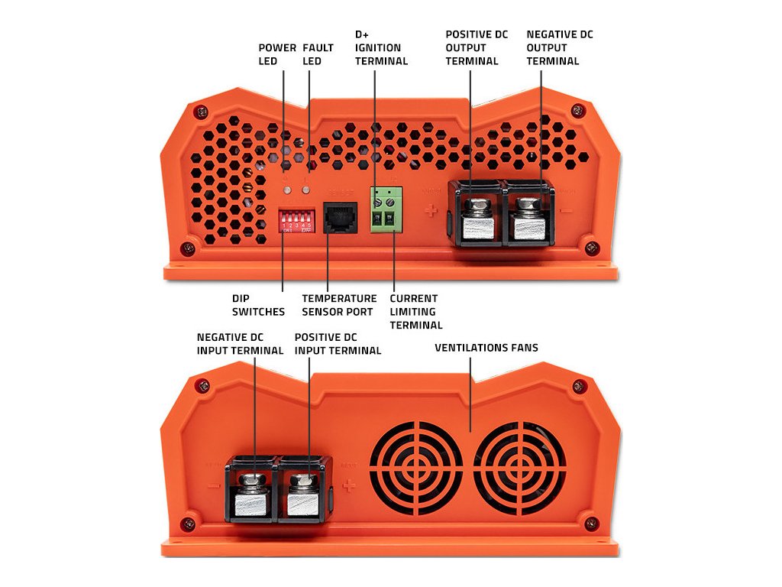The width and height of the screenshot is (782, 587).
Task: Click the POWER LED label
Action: tap(277, 54)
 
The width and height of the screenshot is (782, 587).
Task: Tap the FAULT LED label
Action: tap(318, 54)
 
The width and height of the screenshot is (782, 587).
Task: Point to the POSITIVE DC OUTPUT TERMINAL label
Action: tap(472, 48)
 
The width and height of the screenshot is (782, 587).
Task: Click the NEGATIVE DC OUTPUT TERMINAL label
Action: tap(560, 48)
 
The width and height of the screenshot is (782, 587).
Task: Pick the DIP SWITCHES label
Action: tap(258, 305)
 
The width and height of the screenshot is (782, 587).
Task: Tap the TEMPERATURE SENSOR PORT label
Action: tap(339, 305)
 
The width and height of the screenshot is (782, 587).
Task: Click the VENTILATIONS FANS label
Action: tap(486, 348)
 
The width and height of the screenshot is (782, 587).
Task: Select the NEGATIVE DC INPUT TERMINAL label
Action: tap(240, 343)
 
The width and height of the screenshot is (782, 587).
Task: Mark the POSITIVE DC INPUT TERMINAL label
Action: tap(338, 343)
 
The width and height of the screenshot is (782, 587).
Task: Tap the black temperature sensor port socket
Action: tap(341, 217)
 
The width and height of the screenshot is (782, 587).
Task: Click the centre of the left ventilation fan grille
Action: tap(416, 467)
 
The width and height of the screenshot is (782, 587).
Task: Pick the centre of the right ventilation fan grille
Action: tap(519, 467)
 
